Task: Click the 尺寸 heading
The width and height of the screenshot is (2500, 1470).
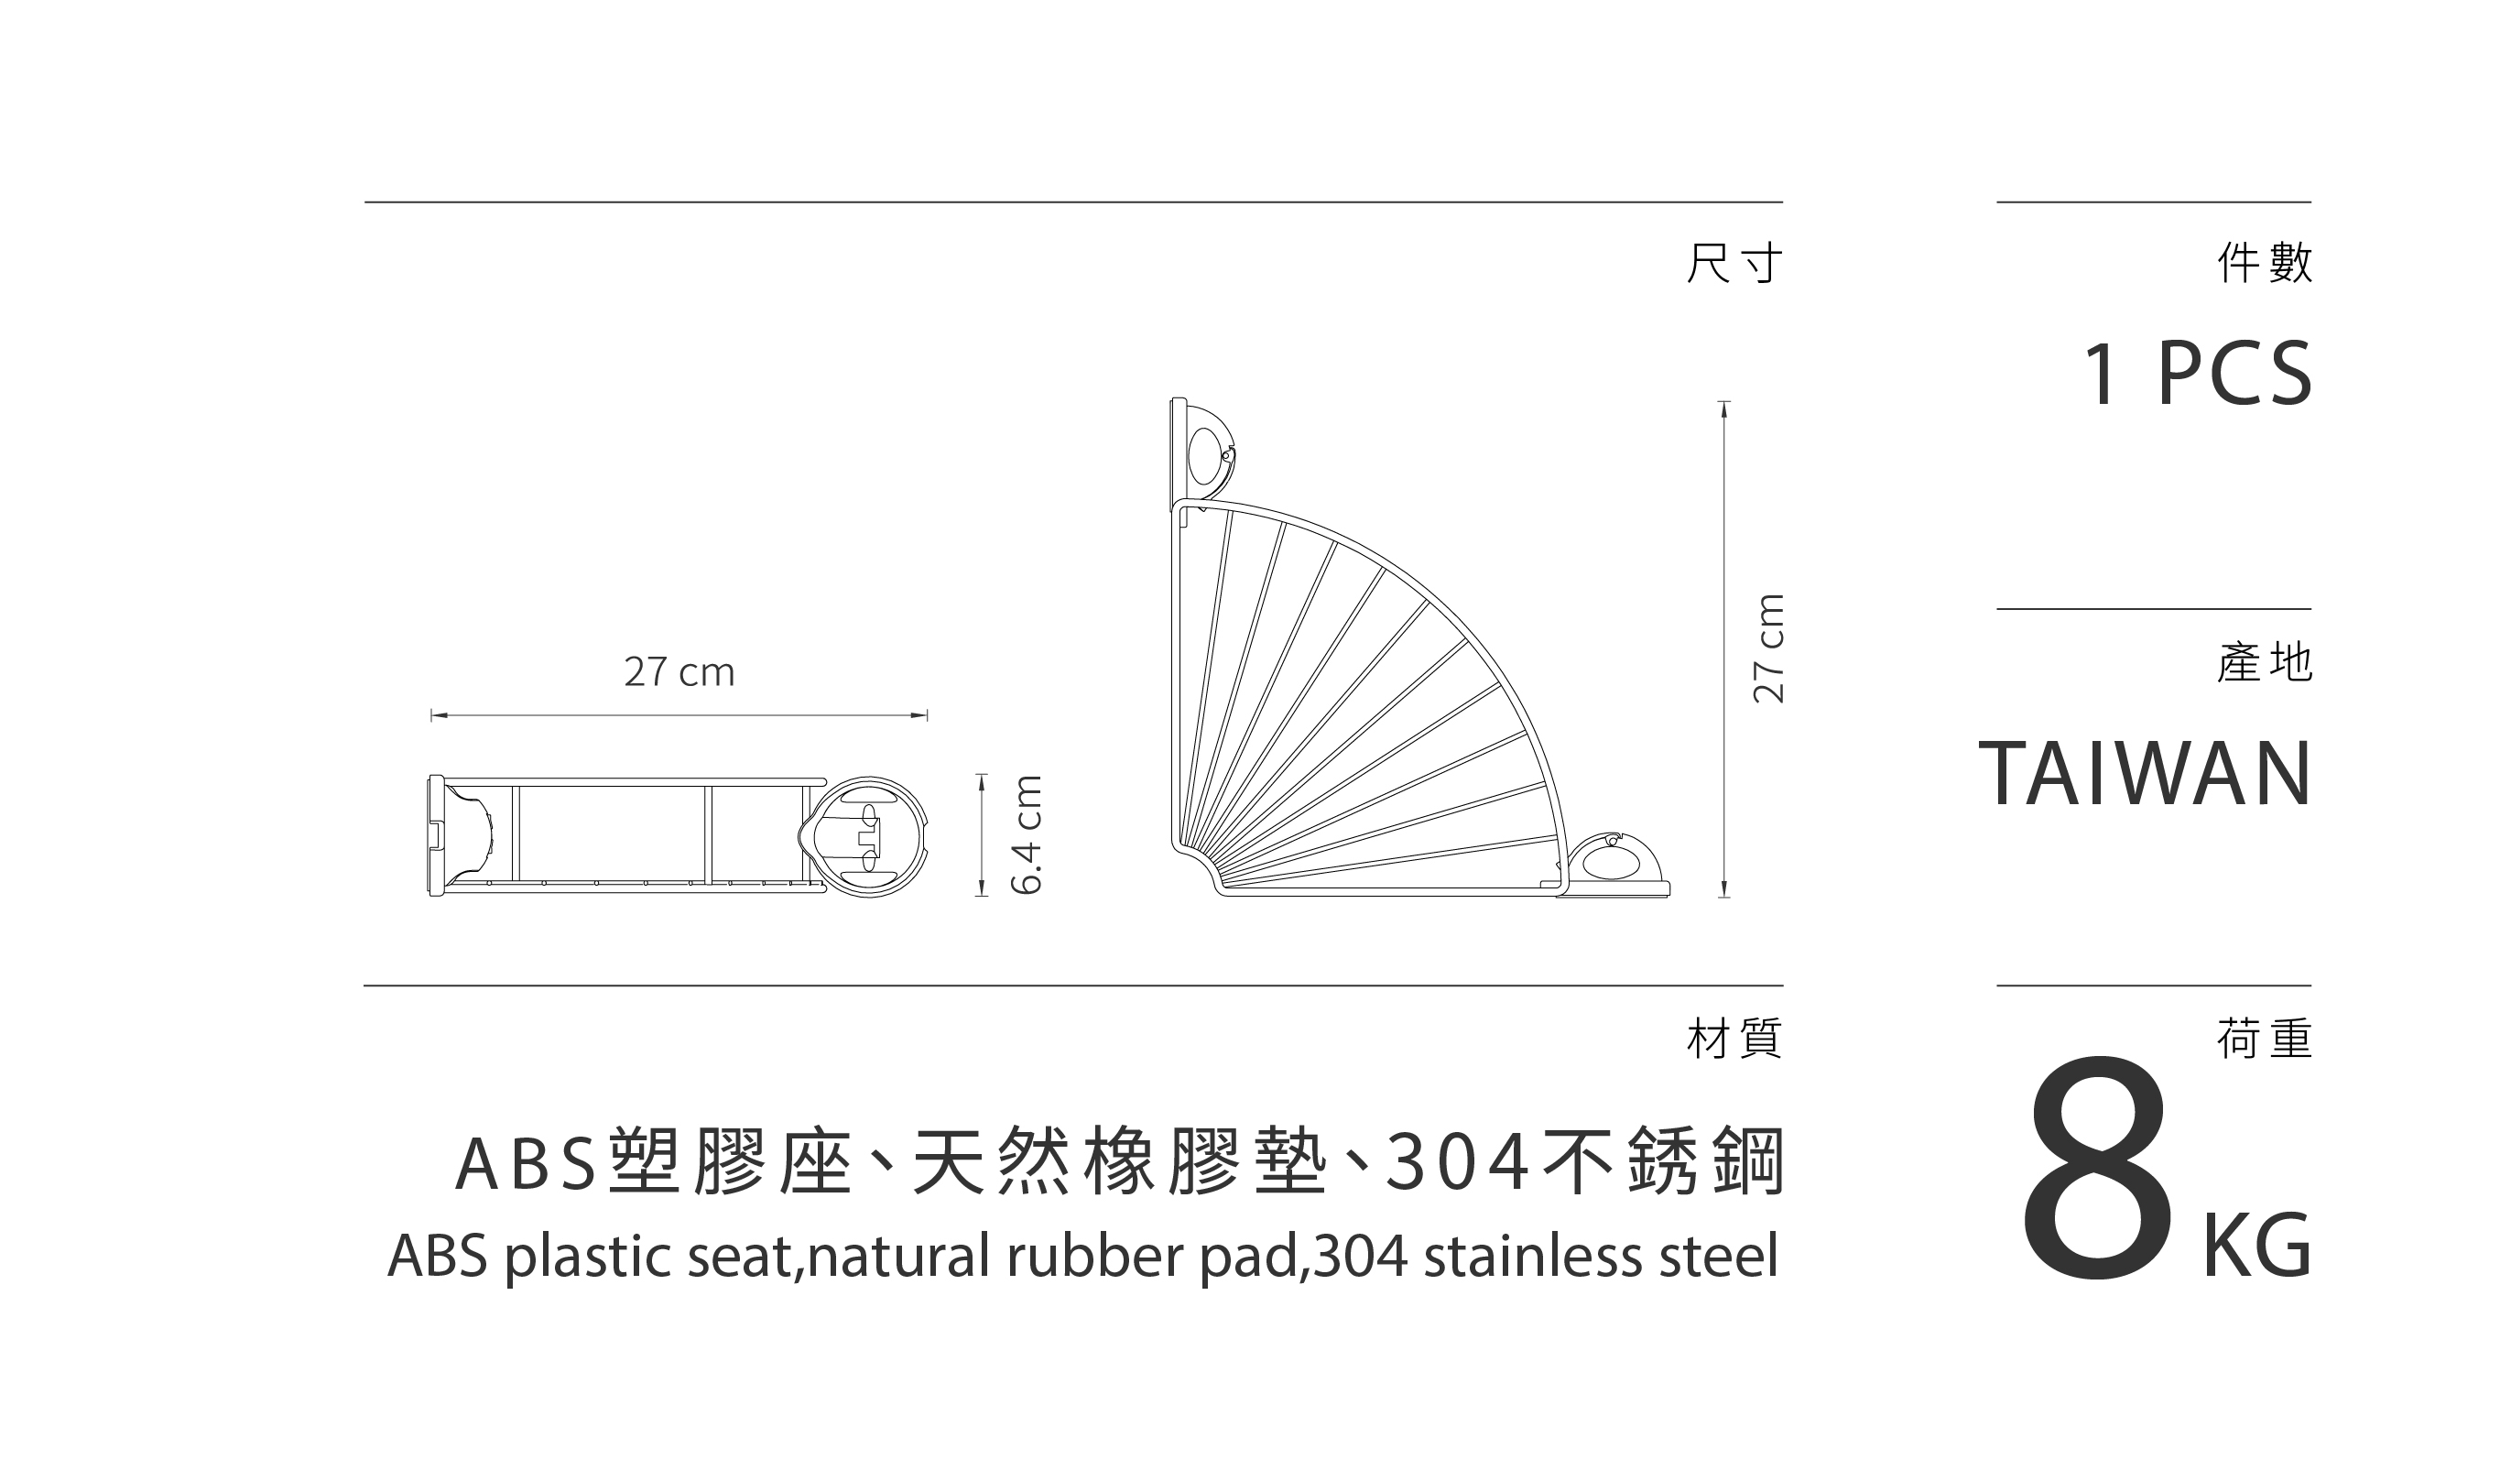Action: click(x=1734, y=264)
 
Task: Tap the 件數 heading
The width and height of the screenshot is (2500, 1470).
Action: click(x=2264, y=264)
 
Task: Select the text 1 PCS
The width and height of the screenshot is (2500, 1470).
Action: click(x=2196, y=374)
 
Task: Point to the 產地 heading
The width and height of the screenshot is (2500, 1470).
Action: click(x=2264, y=662)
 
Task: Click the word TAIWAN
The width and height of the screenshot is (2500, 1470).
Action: click(x=2145, y=775)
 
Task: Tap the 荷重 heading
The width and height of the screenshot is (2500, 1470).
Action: click(x=2264, y=1040)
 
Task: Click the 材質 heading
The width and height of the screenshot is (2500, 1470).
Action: click(x=1734, y=1040)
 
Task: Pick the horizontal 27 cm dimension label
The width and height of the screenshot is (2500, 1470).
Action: click(x=679, y=672)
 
